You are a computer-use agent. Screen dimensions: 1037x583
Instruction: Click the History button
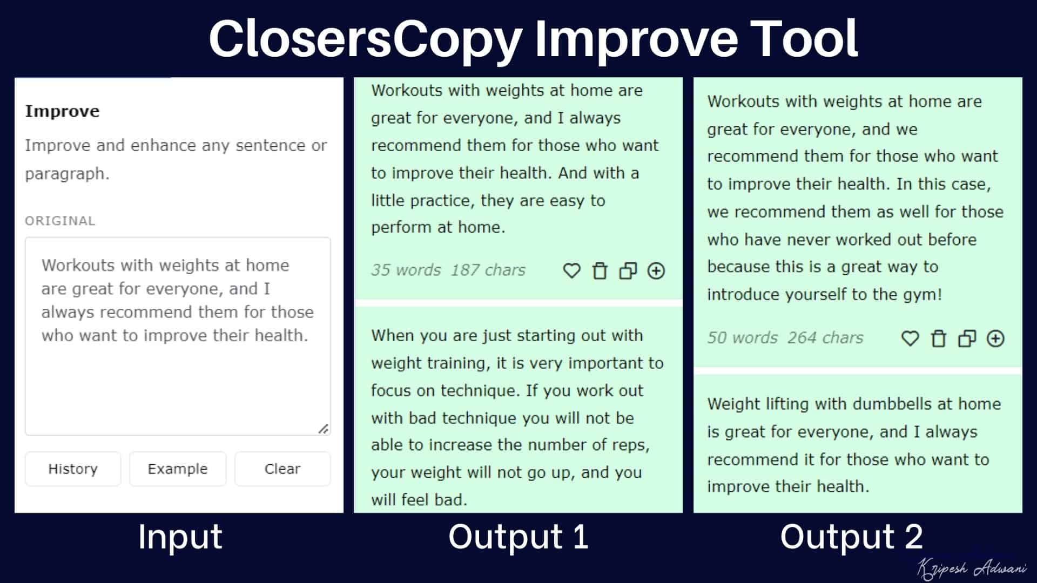tap(73, 469)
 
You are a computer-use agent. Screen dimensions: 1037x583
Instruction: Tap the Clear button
tap(282, 469)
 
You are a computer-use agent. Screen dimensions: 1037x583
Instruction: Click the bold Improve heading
tap(62, 111)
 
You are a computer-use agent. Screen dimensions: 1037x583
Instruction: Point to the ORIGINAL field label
tap(60, 221)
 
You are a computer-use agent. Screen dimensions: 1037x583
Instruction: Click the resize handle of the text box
tap(323, 429)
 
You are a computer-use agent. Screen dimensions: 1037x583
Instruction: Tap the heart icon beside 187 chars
tap(571, 270)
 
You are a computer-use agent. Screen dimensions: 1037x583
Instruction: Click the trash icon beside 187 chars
tap(600, 270)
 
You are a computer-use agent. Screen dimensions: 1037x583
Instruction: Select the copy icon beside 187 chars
tap(628, 270)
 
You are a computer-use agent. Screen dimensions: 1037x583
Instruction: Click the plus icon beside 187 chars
tap(656, 270)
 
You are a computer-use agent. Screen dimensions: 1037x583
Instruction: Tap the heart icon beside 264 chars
tap(910, 338)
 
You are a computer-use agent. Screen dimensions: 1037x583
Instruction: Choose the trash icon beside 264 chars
tap(939, 338)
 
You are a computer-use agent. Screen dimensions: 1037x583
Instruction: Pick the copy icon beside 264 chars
tap(967, 338)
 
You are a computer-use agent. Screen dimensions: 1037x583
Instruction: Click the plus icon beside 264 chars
tap(995, 338)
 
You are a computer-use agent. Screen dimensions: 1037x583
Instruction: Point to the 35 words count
tap(406, 270)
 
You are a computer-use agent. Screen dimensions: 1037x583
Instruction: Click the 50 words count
tap(743, 338)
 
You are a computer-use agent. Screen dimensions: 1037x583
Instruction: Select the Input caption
tap(180, 537)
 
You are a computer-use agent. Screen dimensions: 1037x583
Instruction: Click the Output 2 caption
tap(852, 537)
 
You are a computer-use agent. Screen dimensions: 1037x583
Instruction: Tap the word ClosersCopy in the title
tap(365, 39)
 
